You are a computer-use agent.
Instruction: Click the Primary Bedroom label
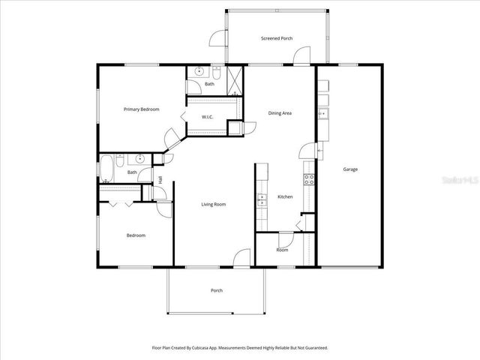coord(142,109)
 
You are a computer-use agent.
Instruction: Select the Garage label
coord(350,169)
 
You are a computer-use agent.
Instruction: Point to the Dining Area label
coord(280,113)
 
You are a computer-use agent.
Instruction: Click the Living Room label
coord(213,204)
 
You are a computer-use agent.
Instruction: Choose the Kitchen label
coord(285,196)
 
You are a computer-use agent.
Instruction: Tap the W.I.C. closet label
coord(208,117)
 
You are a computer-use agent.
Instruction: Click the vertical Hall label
coord(160,179)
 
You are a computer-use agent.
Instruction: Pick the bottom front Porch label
coord(217,290)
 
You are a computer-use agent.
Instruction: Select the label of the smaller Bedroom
coord(136,235)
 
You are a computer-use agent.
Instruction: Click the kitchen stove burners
coord(308,179)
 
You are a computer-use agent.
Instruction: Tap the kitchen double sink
coord(261,200)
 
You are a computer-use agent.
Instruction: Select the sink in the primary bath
coord(199,72)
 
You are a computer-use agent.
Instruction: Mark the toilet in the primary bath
coord(216,73)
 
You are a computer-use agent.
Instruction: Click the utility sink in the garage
coord(322,114)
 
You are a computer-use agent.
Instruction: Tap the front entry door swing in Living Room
coord(241,257)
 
